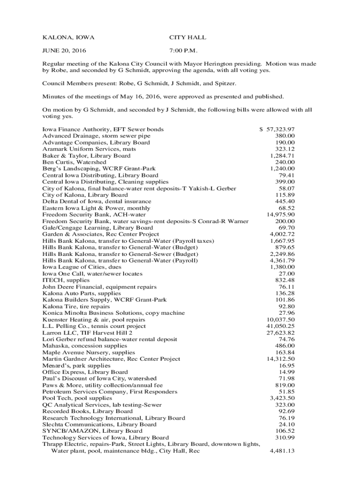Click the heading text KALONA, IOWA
tap(65, 37)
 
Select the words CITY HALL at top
tap(187, 37)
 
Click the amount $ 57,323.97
tap(277, 129)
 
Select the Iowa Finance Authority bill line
tap(103, 129)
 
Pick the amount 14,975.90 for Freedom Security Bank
tap(281, 214)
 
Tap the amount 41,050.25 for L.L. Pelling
tap(281, 326)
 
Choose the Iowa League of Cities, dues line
tap(82, 267)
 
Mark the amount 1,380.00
tap(282, 267)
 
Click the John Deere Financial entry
tap(99, 287)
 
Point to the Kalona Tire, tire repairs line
tap(76, 306)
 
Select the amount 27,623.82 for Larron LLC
tap(281, 333)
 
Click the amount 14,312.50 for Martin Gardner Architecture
tap(281, 359)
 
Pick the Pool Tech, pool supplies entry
tap(77, 398)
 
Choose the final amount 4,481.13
tap(282, 451)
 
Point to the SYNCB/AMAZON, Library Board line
tap(92, 431)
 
